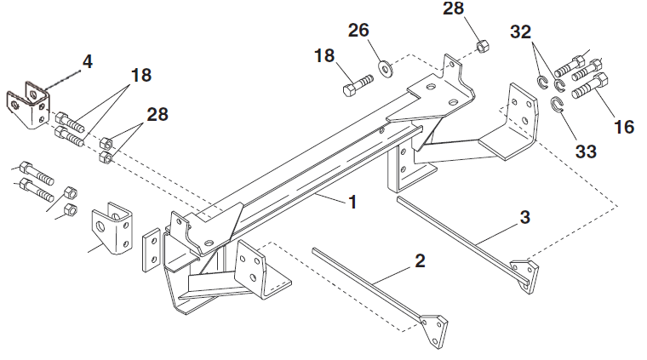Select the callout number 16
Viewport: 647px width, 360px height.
pyautogui.click(x=624, y=127)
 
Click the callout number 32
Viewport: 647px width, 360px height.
pyautogui.click(x=522, y=33)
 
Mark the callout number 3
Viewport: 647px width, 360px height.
pyautogui.click(x=524, y=218)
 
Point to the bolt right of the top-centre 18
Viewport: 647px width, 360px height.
pyautogui.click(x=358, y=86)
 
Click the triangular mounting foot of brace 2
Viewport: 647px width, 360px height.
pyautogui.click(x=435, y=327)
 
